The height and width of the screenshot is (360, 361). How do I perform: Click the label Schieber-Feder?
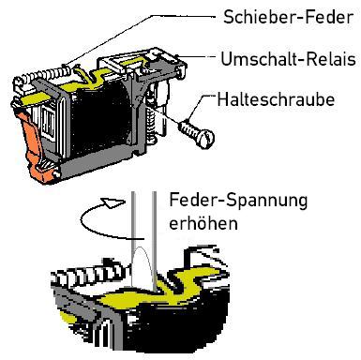[288, 17]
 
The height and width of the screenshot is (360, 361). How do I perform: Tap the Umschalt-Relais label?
[288, 59]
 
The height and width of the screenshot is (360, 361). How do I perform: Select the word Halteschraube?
[276, 99]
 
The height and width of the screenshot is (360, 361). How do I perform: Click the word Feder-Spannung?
[238, 201]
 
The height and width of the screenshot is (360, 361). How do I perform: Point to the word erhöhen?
[203, 223]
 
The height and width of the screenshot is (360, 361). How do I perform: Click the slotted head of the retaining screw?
[206, 139]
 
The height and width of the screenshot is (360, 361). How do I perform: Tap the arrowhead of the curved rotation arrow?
[113, 202]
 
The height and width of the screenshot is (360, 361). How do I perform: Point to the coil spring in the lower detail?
[91, 275]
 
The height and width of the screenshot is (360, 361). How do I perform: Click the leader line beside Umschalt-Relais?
[197, 57]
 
